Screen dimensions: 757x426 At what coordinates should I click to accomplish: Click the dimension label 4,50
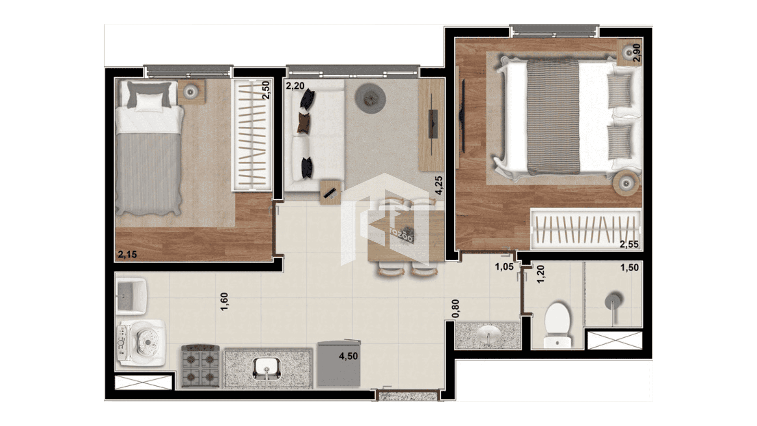pos(349,356)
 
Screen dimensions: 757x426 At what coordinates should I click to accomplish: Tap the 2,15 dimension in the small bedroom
pos(127,254)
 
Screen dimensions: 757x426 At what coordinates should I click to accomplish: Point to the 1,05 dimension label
pos(504,267)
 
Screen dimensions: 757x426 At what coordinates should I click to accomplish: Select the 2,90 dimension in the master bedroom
pos(636,52)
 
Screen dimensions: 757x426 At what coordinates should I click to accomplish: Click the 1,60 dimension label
pos(224,301)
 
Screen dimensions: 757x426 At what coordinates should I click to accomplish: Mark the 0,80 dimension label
pos(455,308)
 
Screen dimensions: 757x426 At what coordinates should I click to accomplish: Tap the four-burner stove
pos(200,366)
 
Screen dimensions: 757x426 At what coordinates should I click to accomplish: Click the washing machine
pos(141,343)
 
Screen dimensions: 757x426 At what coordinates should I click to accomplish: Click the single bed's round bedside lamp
pos(191,92)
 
